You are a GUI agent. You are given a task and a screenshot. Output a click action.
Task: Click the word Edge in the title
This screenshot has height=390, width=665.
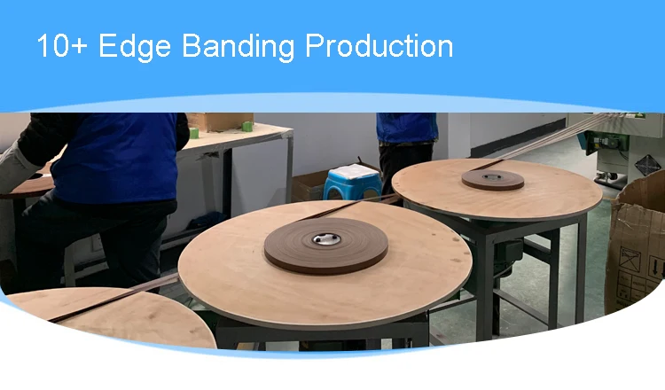point(135,46)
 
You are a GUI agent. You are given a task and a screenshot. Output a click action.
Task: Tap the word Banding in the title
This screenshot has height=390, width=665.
point(239,45)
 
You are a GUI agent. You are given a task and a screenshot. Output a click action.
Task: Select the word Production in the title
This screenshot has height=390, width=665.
point(379,45)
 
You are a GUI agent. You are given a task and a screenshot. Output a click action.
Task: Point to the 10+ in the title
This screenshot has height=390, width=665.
point(62,45)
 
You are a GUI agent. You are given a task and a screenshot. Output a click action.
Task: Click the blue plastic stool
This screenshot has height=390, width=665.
point(353,183)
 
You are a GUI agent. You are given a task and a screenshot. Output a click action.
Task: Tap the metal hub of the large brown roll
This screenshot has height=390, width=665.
point(326,239)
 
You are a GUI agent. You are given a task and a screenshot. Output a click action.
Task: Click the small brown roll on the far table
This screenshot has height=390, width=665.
point(493,180)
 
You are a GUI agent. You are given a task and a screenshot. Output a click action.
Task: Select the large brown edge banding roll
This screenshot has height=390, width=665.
point(325,246)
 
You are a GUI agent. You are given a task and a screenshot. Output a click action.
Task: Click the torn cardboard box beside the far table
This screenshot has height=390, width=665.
point(635,246)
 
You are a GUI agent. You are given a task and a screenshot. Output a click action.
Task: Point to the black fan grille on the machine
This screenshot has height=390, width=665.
point(647,165)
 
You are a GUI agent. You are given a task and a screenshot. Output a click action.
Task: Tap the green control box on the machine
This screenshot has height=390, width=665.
point(606,142)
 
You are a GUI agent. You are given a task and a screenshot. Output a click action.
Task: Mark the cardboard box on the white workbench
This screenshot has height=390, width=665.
point(220,121)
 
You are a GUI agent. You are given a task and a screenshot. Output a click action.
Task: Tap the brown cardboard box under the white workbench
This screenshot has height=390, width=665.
point(308,185)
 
